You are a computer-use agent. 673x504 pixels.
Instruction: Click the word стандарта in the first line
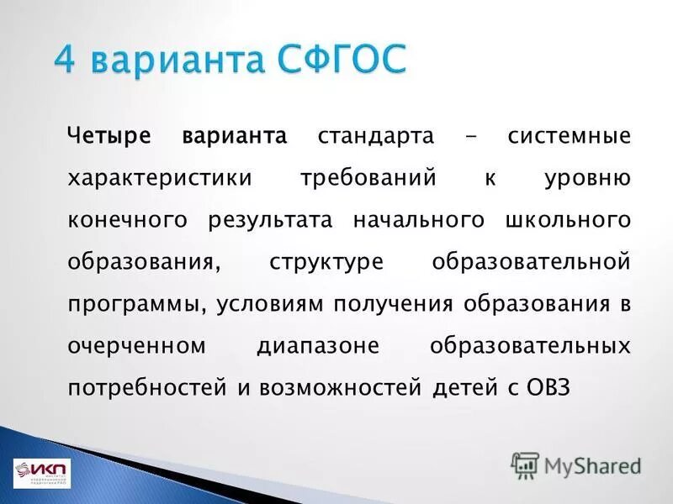[376, 136]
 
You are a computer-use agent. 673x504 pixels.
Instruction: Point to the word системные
[569, 136]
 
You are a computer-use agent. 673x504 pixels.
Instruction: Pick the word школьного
[569, 220]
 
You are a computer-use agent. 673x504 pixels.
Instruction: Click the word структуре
[326, 262]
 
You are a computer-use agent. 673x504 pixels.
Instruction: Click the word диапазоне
[320, 346]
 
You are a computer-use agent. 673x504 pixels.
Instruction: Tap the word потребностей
[147, 388]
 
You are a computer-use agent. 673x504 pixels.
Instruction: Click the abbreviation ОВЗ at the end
[548, 388]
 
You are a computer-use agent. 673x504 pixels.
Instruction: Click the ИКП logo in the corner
[42, 472]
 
